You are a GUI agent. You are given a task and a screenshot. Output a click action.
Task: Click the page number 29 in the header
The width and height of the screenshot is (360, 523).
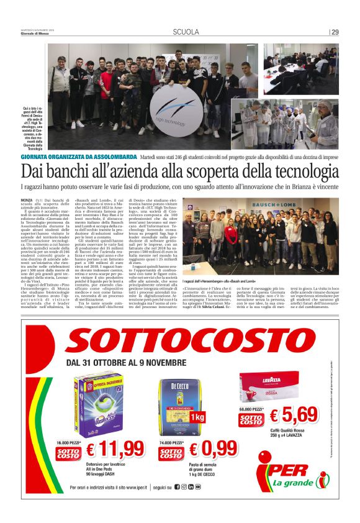[335, 32]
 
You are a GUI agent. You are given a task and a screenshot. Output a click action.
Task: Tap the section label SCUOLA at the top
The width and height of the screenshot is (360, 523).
[186, 32]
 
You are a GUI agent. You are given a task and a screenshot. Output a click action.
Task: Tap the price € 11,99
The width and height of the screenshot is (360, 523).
[114, 448]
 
